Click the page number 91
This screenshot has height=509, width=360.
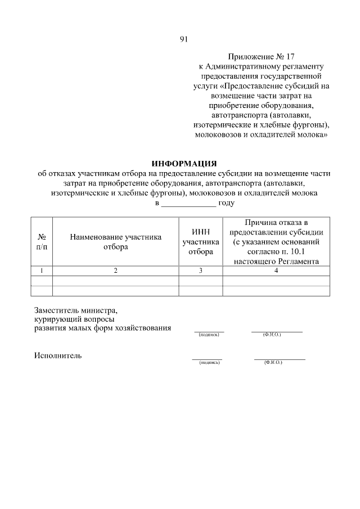click(183, 39)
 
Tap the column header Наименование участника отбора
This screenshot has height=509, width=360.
click(115, 242)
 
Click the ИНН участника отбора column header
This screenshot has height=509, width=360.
click(201, 242)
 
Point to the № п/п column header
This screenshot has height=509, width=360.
click(41, 242)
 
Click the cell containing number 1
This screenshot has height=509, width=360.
click(41, 271)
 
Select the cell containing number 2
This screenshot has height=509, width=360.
click(115, 271)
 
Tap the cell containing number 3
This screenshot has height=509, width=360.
click(201, 271)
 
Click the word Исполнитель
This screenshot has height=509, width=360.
click(58, 355)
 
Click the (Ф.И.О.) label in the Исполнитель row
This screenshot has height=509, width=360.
click(273, 363)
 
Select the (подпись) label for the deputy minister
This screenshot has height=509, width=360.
click(208, 335)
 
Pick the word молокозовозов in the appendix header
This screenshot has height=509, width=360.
click(218, 136)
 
